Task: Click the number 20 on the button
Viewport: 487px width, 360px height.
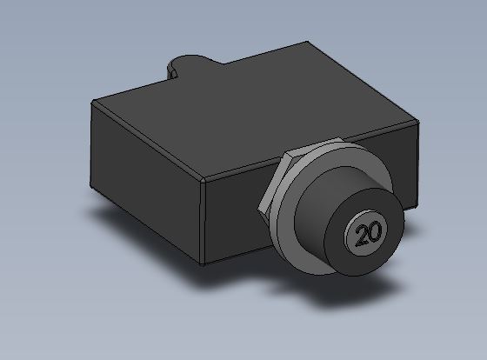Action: click(x=369, y=234)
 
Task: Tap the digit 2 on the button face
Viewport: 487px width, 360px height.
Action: click(x=362, y=236)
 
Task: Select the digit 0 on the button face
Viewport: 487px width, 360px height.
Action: click(x=375, y=231)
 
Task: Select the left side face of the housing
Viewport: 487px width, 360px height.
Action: click(x=146, y=183)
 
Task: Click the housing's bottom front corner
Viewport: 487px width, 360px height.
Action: click(x=203, y=265)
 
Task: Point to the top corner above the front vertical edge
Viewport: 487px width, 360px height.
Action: click(x=203, y=180)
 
